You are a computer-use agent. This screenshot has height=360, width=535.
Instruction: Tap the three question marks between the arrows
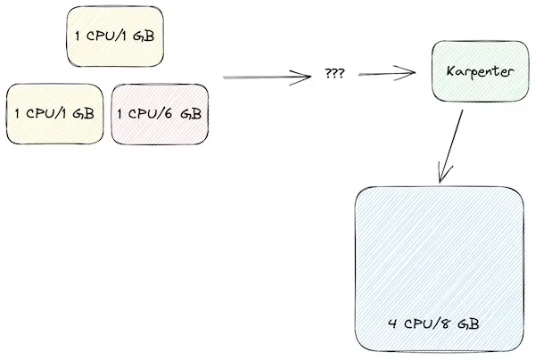pyautogui.click(x=334, y=75)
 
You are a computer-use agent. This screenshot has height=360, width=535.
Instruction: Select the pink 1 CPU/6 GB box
pyautogui.click(x=160, y=114)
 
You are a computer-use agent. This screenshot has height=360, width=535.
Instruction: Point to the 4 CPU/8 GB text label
pyautogui.click(x=435, y=323)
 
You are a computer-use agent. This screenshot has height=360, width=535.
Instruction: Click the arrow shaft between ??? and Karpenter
pyautogui.click(x=383, y=75)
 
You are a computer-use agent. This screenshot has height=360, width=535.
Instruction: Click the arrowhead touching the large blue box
pyautogui.click(x=441, y=175)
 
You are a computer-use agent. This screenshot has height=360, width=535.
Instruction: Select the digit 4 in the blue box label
pyautogui.click(x=392, y=323)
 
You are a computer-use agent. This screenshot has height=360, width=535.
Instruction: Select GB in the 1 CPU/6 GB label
pyautogui.click(x=190, y=114)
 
